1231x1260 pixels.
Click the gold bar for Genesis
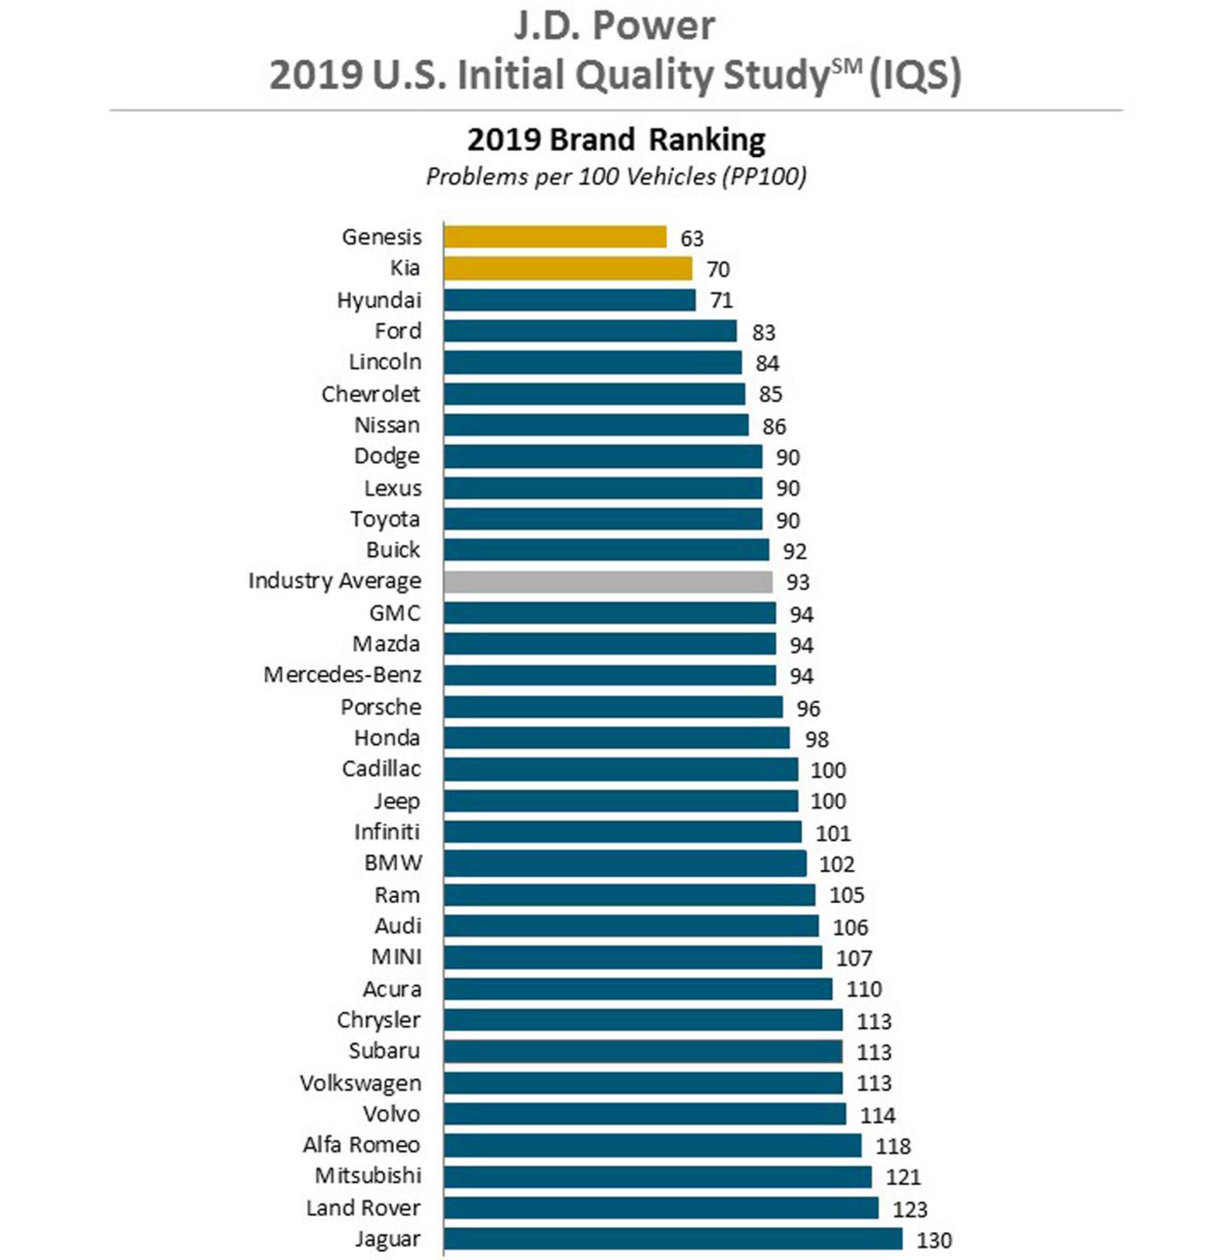pyautogui.click(x=555, y=237)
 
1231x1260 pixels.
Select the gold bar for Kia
pyautogui.click(x=567, y=268)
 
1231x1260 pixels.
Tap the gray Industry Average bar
pyautogui.click(x=608, y=582)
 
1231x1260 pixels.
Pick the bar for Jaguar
pyautogui.click(x=673, y=1239)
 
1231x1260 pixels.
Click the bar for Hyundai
pyautogui.click(x=569, y=300)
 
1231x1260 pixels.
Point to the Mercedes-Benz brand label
pyautogui.click(x=342, y=675)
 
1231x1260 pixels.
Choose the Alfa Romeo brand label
pyautogui.click(x=362, y=1145)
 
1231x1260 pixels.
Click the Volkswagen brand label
pyautogui.click(x=360, y=1083)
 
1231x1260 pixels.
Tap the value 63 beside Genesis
pyautogui.click(x=691, y=239)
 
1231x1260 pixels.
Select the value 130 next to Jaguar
pyautogui.click(x=934, y=1240)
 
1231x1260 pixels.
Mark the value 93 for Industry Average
pyautogui.click(x=797, y=582)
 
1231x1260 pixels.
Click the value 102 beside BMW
pyautogui.click(x=837, y=864)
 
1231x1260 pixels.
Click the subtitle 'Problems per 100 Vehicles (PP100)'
pyautogui.click(x=615, y=176)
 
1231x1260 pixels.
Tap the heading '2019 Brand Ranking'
pyautogui.click(x=615, y=140)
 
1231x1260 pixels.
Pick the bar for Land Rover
pyautogui.click(x=661, y=1207)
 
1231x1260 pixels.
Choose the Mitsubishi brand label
pyautogui.click(x=368, y=1175)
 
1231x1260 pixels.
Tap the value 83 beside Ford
pyautogui.click(x=763, y=332)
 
